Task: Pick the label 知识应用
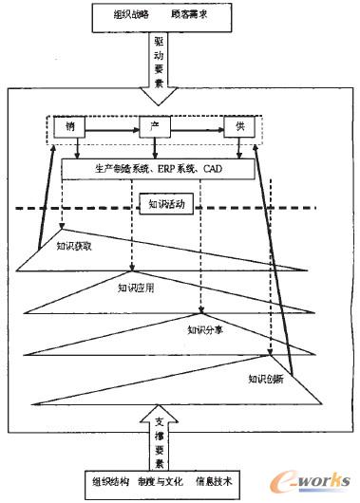coord(137,287)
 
